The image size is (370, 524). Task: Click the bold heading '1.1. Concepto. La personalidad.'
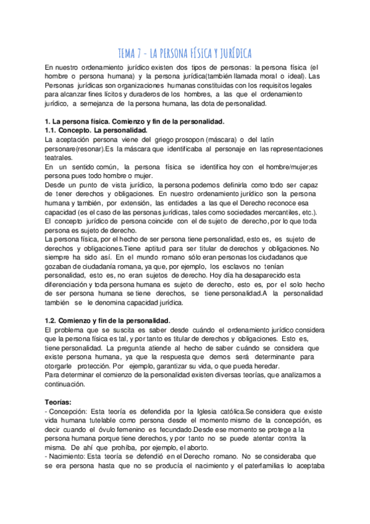[x=96, y=131]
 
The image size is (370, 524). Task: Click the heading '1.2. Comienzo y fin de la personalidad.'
[x=107, y=321]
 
